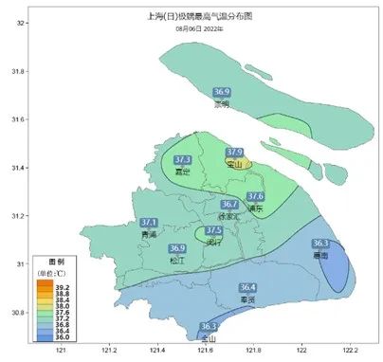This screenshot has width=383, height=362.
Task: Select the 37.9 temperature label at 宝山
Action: [x=235, y=153]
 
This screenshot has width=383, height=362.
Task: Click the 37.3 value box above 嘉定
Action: [x=184, y=160]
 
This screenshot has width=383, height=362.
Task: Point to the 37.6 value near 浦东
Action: [x=255, y=196]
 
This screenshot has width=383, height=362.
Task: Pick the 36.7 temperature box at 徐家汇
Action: [x=230, y=204]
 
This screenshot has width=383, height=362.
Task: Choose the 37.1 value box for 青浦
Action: [x=148, y=223]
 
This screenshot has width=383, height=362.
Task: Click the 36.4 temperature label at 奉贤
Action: [x=247, y=287]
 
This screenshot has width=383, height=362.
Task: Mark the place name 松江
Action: [x=178, y=260]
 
